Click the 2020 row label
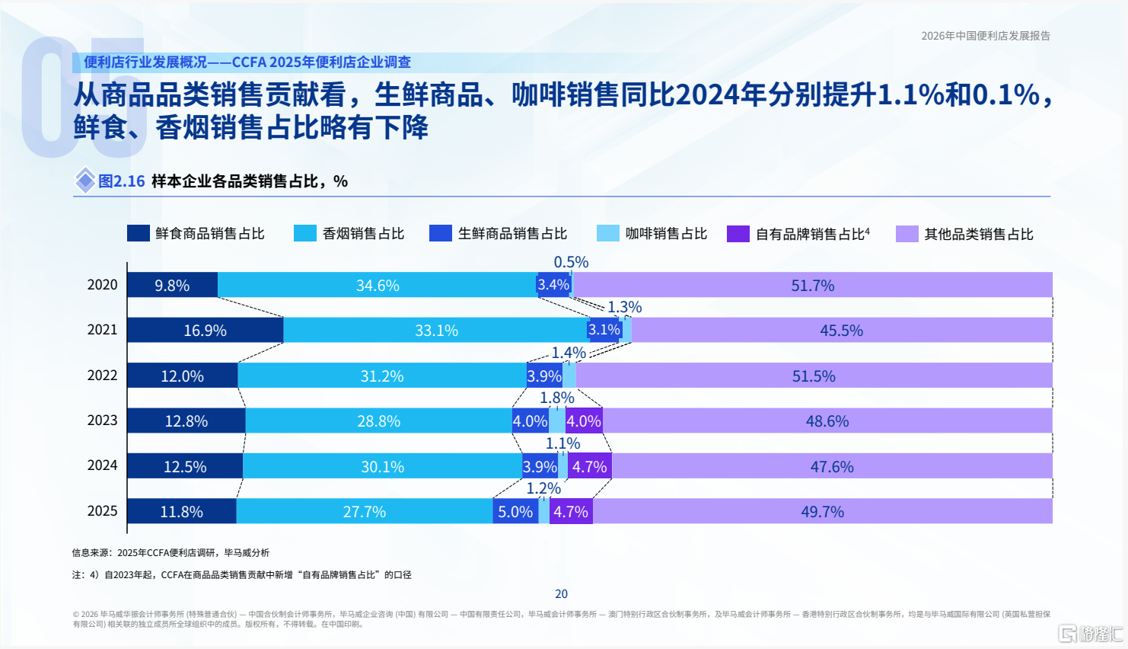102,285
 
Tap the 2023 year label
102,420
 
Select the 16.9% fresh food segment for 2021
205,330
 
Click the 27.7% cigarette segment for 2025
365,511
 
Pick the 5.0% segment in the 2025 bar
515,511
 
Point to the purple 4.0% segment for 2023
584,420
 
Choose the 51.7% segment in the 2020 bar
813,285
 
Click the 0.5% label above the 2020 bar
571,262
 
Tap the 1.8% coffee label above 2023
557,398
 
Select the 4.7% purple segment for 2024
590,465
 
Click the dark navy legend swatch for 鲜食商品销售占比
139,233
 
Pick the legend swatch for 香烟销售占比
305,233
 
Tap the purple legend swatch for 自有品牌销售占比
738,234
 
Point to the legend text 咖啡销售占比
666,234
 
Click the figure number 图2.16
121,181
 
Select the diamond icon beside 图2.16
85,180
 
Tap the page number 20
562,593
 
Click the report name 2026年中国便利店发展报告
986,36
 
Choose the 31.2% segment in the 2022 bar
382,376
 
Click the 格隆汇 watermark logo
1090,633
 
